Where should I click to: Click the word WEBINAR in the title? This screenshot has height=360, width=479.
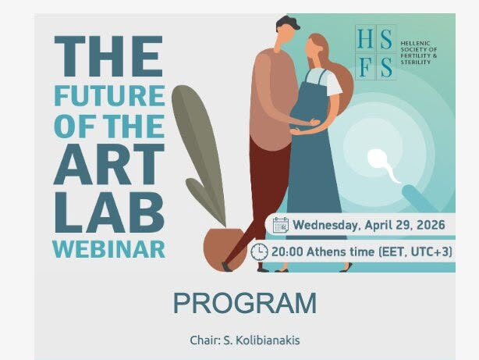pos(109,250)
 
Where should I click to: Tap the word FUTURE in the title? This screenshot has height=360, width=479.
pos(110,95)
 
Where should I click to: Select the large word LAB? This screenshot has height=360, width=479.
pos(109,213)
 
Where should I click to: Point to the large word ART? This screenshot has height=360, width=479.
pos(109,164)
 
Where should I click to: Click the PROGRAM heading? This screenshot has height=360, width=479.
pos(245,303)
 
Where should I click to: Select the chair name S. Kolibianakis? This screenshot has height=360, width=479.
pos(261,340)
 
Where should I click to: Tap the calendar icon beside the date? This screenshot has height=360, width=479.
pos(280,225)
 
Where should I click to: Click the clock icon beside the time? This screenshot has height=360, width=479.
pos(259,252)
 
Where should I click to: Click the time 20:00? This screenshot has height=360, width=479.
pos(287,252)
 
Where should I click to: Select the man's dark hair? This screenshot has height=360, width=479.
pos(288,23)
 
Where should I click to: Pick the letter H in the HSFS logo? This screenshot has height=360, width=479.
pos(366,38)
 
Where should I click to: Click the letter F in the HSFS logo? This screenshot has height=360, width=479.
pos(365,67)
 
